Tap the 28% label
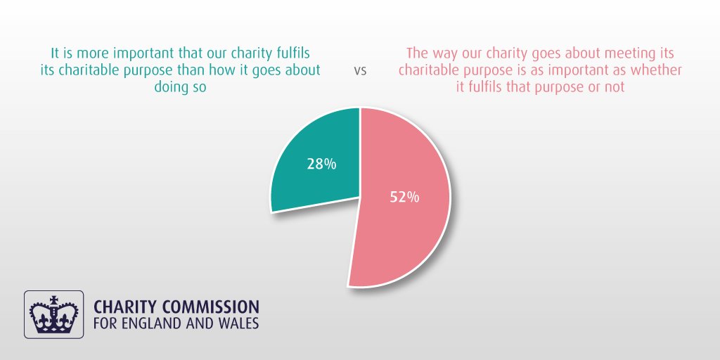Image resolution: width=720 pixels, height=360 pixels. pos(321,165)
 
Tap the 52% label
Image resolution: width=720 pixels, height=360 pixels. pos(404,198)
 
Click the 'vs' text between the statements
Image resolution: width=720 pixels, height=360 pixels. pos(360,71)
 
